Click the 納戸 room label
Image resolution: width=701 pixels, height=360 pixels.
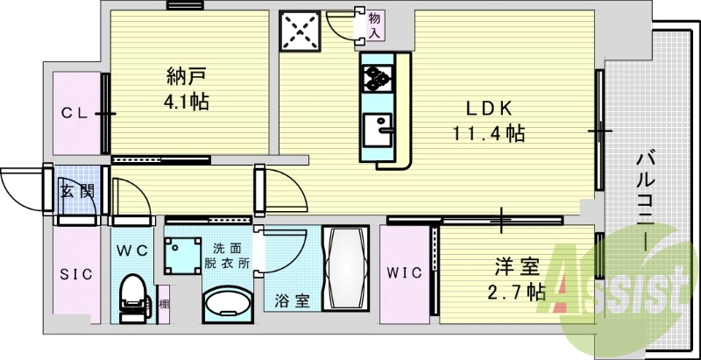(187, 75)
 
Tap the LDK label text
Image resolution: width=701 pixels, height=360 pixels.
(489, 108)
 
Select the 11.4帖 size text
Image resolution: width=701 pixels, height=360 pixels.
(489, 133)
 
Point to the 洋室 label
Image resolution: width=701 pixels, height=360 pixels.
(517, 268)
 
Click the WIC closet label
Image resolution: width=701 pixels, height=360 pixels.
(405, 272)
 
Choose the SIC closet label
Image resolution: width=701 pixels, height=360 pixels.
(76, 274)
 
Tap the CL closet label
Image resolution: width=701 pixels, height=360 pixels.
(74, 114)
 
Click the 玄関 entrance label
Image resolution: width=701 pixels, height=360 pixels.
(77, 192)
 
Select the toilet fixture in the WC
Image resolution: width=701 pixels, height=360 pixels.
(134, 298)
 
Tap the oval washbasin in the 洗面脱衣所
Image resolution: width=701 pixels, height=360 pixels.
(228, 305)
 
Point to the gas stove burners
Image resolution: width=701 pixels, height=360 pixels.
(378, 78)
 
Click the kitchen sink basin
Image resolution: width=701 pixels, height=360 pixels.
(378, 130)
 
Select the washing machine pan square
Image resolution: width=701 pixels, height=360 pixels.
(182, 256)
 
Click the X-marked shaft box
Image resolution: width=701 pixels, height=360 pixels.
(300, 31)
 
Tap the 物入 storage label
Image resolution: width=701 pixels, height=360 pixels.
(375, 25)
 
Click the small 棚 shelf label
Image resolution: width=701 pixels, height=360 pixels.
(164, 305)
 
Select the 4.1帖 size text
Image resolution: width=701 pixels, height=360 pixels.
(187, 102)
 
